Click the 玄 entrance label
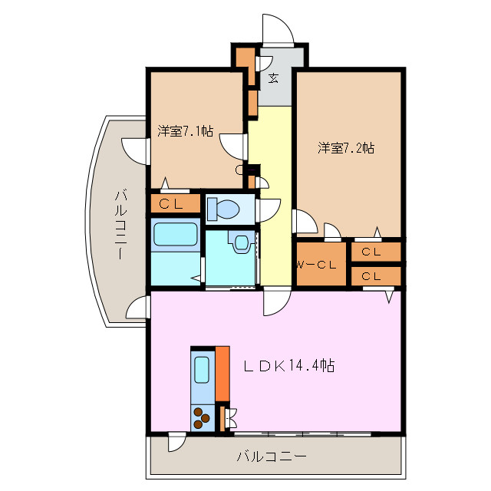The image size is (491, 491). (273, 77)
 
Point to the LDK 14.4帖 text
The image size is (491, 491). (288, 366)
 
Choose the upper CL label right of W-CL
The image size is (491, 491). (372, 252)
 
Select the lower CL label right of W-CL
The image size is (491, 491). (372, 276)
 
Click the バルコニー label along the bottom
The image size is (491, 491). (271, 457)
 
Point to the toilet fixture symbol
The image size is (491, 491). (223, 208)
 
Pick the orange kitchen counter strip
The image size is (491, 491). (222, 373)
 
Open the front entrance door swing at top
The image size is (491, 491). (276, 29)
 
